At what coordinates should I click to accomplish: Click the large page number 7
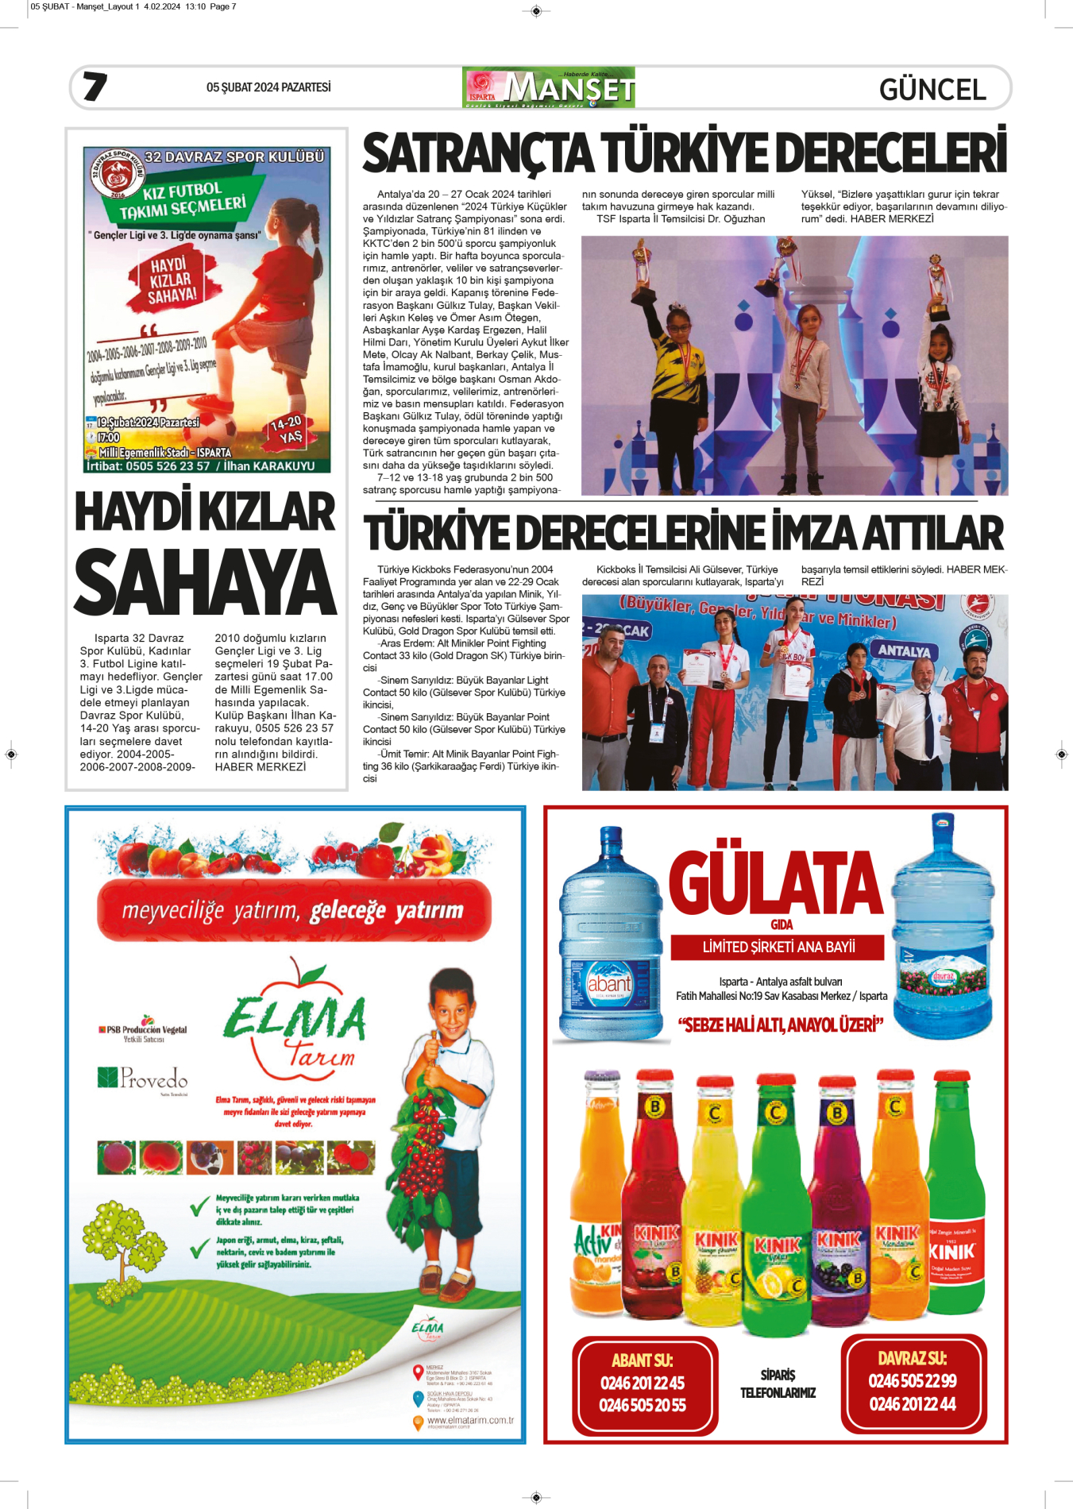pos(95,87)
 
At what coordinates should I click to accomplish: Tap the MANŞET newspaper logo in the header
pos(549,87)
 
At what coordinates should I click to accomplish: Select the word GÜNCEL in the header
pos(932,90)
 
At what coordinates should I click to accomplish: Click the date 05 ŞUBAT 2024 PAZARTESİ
pos(268,87)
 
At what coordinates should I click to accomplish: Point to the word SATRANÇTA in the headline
pos(478,153)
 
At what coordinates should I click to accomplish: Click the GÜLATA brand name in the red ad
pos(776,882)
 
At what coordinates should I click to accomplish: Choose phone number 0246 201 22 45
pos(643,1383)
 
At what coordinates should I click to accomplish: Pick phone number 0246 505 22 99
pos(913,1380)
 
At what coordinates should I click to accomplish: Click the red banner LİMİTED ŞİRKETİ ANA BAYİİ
pos(778,947)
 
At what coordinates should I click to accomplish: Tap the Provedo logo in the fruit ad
pos(144,1078)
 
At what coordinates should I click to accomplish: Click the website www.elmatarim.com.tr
pos(470,1420)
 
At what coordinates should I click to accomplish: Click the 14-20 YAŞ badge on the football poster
pos(288,430)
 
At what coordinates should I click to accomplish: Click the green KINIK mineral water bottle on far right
pos(955,1191)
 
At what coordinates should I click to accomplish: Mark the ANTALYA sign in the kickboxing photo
pos(904,651)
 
